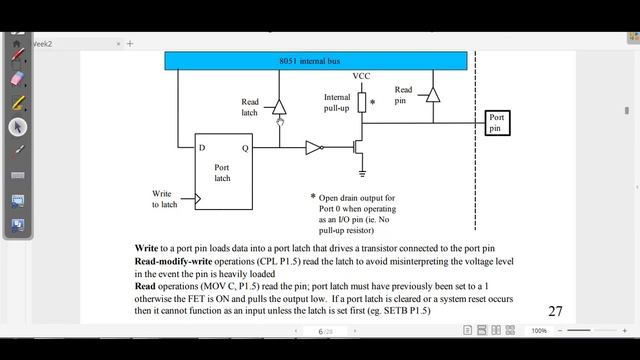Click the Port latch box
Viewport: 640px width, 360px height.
point(222,170)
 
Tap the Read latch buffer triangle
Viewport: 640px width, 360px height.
point(280,106)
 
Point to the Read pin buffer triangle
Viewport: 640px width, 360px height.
point(431,94)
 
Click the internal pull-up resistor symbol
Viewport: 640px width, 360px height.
point(362,102)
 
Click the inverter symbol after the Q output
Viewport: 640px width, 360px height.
point(314,148)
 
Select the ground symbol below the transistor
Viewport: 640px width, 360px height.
point(362,173)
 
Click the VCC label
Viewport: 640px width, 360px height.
point(362,77)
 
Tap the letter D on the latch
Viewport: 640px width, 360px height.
point(203,148)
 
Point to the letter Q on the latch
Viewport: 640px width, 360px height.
point(245,148)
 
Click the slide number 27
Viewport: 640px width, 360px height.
point(555,312)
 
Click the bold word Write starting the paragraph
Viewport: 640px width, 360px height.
point(147,247)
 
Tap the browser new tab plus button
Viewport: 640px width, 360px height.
point(130,44)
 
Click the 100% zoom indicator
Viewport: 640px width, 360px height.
point(539,331)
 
